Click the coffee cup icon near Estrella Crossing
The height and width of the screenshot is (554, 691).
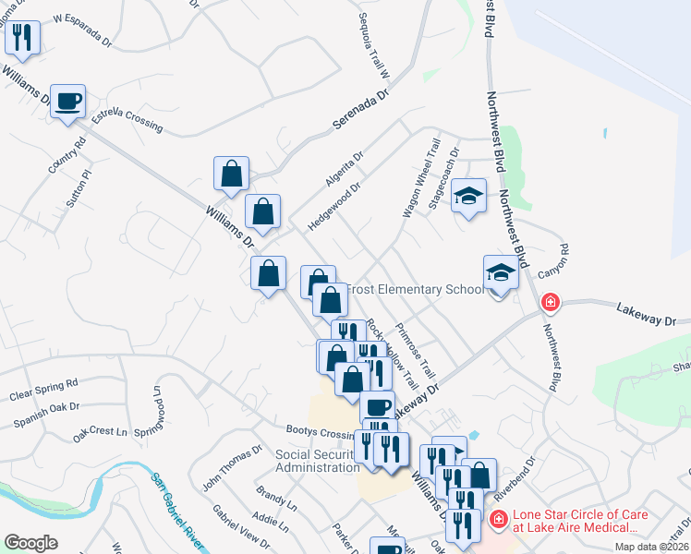pyautogui.click(x=69, y=101)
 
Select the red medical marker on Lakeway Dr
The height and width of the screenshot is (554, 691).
pyautogui.click(x=550, y=302)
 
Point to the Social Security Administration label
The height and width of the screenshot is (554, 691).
pyautogui.click(x=318, y=461)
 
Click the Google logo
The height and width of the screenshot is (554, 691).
pyautogui.click(x=30, y=543)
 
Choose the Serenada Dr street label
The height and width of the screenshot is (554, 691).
pyautogui.click(x=360, y=110)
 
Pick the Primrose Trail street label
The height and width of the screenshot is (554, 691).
pyautogui.click(x=414, y=350)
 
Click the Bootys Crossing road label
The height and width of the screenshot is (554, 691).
pyautogui.click(x=319, y=434)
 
